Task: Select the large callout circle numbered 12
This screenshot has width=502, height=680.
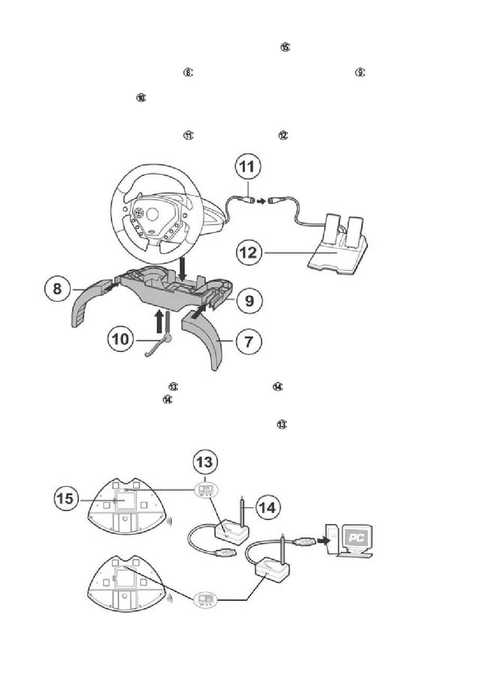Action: coord(248,253)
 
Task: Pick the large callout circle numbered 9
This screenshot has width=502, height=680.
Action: coord(248,301)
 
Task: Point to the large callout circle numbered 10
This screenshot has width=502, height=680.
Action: coord(121,339)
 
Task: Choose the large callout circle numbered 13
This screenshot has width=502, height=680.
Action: coord(204,461)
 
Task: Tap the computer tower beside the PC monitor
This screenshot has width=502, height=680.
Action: coord(331,538)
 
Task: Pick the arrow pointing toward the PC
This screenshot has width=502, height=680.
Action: coord(322,541)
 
